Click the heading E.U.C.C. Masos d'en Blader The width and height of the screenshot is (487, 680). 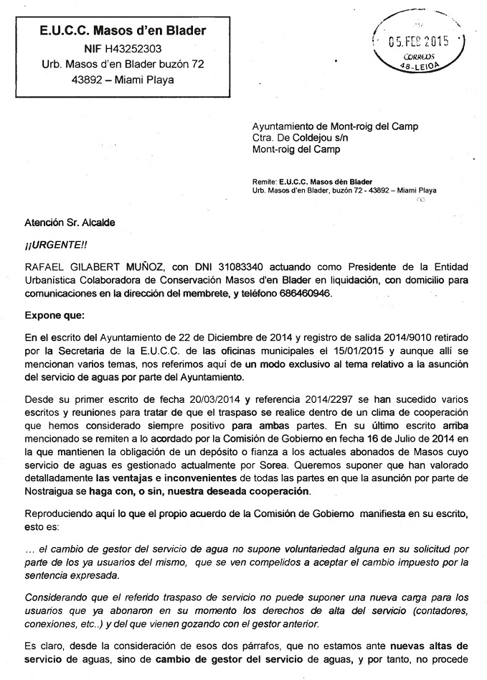[123, 30]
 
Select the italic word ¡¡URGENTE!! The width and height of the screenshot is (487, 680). [57, 243]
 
